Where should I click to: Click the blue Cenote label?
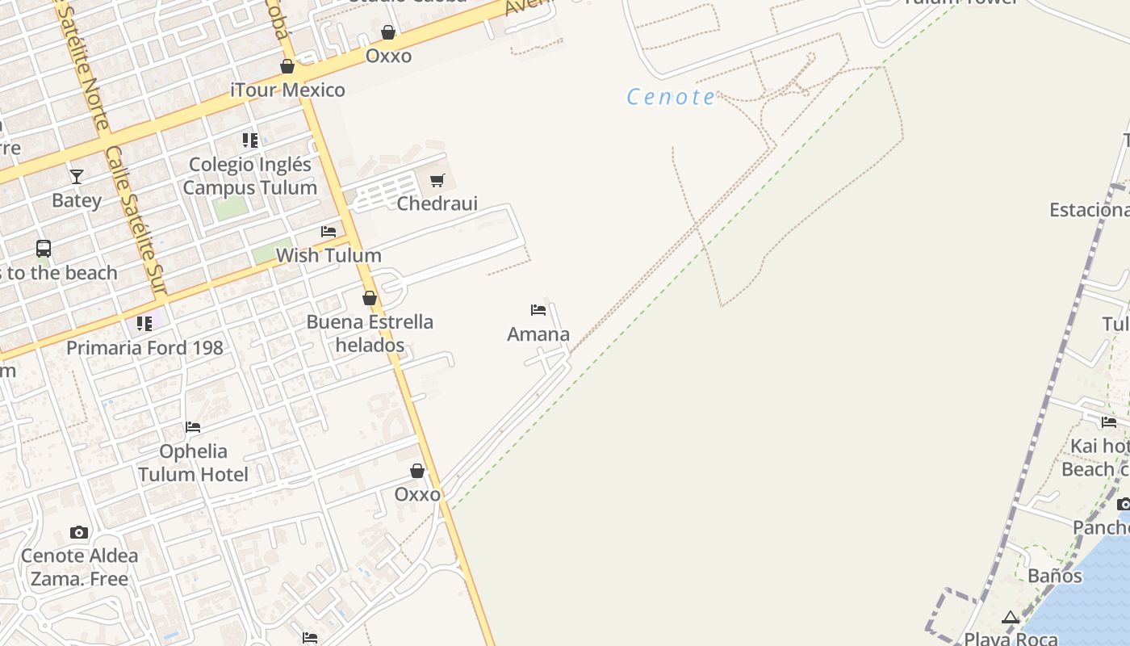click(x=671, y=98)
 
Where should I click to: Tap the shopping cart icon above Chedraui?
click(x=437, y=180)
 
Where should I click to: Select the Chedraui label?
click(x=437, y=203)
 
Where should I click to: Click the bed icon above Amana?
click(x=538, y=310)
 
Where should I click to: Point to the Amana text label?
click(x=538, y=333)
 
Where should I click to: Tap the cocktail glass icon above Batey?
click(x=77, y=176)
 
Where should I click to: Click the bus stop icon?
click(x=44, y=249)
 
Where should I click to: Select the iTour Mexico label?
click(x=288, y=90)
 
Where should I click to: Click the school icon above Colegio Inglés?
click(x=250, y=141)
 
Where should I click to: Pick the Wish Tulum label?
click(x=329, y=255)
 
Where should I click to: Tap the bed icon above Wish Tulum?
click(x=329, y=232)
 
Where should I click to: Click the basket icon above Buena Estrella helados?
click(x=370, y=298)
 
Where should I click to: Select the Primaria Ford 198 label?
click(x=144, y=348)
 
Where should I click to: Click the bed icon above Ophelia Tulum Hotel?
click(x=193, y=427)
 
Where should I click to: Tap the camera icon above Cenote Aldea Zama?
click(x=79, y=532)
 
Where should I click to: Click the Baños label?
click(x=1055, y=576)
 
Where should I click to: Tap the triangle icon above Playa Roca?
click(x=1011, y=618)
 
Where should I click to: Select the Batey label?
click(x=77, y=200)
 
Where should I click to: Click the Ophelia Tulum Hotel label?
click(x=193, y=463)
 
